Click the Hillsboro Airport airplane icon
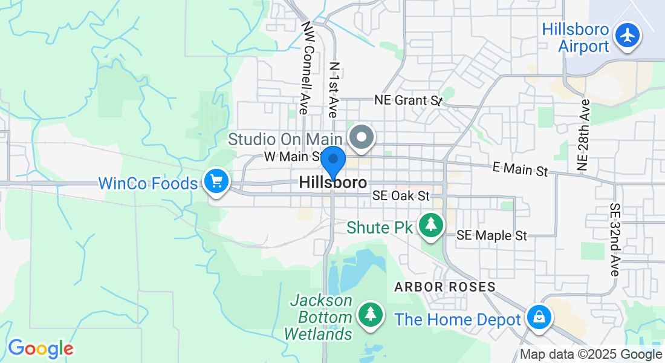[628, 35]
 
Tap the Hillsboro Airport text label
[575, 38]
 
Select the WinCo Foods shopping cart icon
[216, 181]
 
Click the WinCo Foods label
[148, 183]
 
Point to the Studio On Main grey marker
[362, 136]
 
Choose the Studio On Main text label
[285, 139]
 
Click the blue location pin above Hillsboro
[332, 160]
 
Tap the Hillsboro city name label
[332, 183]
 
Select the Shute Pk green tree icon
[430, 225]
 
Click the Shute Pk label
[379, 227]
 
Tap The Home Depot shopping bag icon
[537, 317]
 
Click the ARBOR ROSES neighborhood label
[445, 287]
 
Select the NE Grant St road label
[409, 100]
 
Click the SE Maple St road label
[492, 235]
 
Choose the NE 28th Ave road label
[583, 134]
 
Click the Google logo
[40, 348]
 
